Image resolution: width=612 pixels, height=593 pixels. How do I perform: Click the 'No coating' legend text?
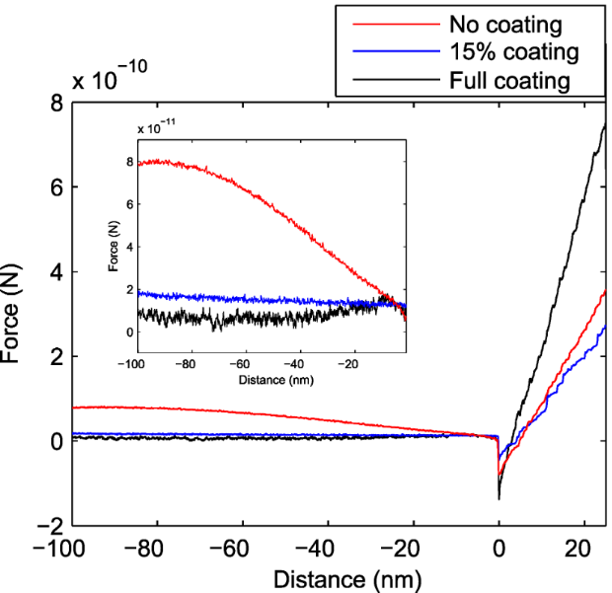click(x=506, y=24)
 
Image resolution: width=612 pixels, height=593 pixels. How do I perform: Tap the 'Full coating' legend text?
click(x=509, y=80)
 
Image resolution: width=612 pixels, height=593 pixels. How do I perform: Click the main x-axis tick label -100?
click(x=73, y=552)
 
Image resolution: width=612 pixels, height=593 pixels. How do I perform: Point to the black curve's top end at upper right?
click(x=604, y=125)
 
